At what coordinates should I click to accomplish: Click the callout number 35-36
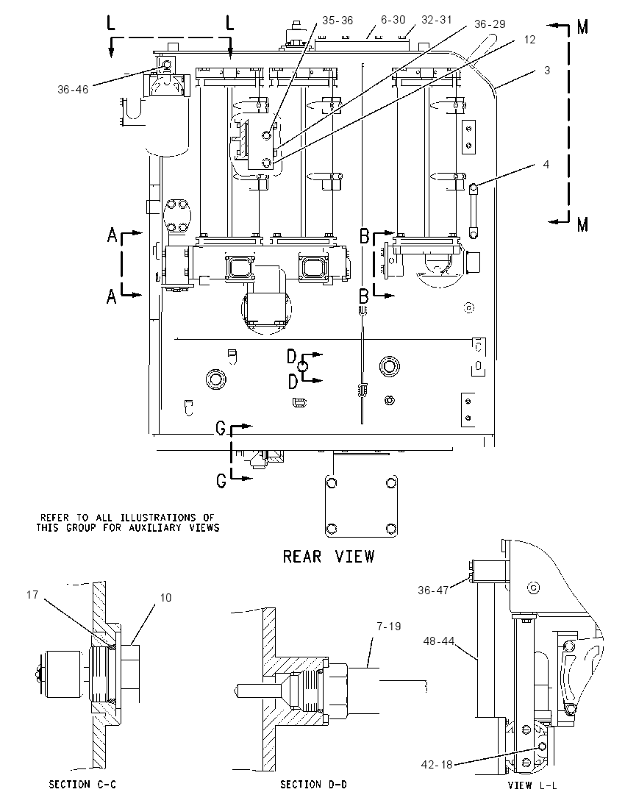coord(337,20)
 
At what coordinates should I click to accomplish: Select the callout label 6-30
coord(393,20)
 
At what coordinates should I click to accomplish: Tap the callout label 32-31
coord(436,20)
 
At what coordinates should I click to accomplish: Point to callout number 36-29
coord(490,24)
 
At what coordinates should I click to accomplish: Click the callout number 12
coord(529,40)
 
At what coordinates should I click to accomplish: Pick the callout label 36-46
coord(73,90)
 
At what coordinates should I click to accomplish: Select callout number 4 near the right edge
coord(546,165)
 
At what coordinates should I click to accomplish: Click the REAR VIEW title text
coord(329,556)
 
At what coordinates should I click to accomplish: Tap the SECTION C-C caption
coord(82,785)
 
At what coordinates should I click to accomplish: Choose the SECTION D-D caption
coord(313,785)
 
